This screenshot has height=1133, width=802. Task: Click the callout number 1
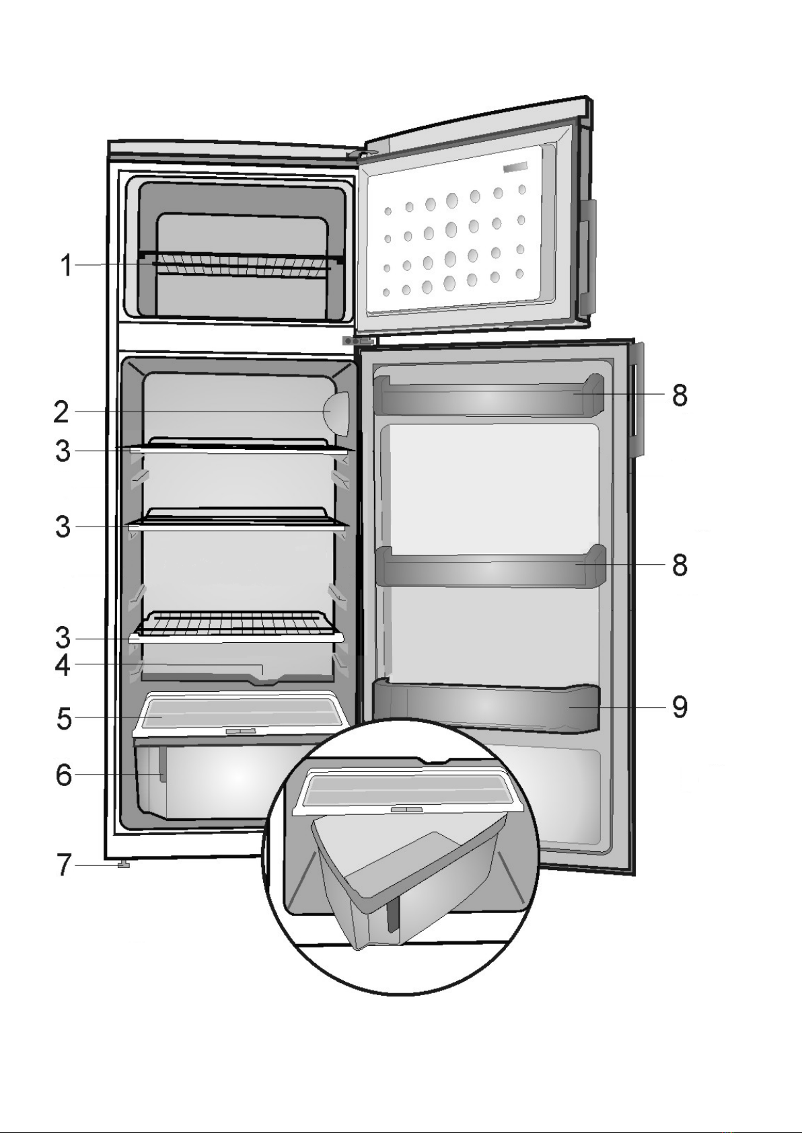coord(65,266)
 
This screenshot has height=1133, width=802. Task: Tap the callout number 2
coord(61,412)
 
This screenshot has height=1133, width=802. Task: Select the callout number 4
coord(63,666)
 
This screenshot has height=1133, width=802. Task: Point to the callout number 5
coord(64,718)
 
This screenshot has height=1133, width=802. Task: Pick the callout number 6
coord(63,775)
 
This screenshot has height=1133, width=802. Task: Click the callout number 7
coord(63,865)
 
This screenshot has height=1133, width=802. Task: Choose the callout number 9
coord(680,707)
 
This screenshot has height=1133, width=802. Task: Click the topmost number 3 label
coord(63,451)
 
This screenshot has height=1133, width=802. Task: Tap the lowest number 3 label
coord(63,637)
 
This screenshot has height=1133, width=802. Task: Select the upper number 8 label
coord(680,395)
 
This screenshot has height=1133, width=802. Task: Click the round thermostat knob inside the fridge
coord(338,412)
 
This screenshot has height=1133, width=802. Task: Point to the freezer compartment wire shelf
coord(242,266)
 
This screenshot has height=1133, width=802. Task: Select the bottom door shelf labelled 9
coord(484,707)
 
